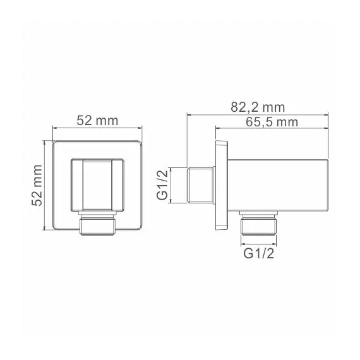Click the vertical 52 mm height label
(x=36, y=184)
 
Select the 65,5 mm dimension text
(x=272, y=122)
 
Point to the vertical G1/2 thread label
(x=162, y=186)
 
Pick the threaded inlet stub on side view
(x=200, y=186)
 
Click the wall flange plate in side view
(x=221, y=186)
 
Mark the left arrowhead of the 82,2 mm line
(x=189, y=114)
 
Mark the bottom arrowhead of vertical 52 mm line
(x=45, y=228)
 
